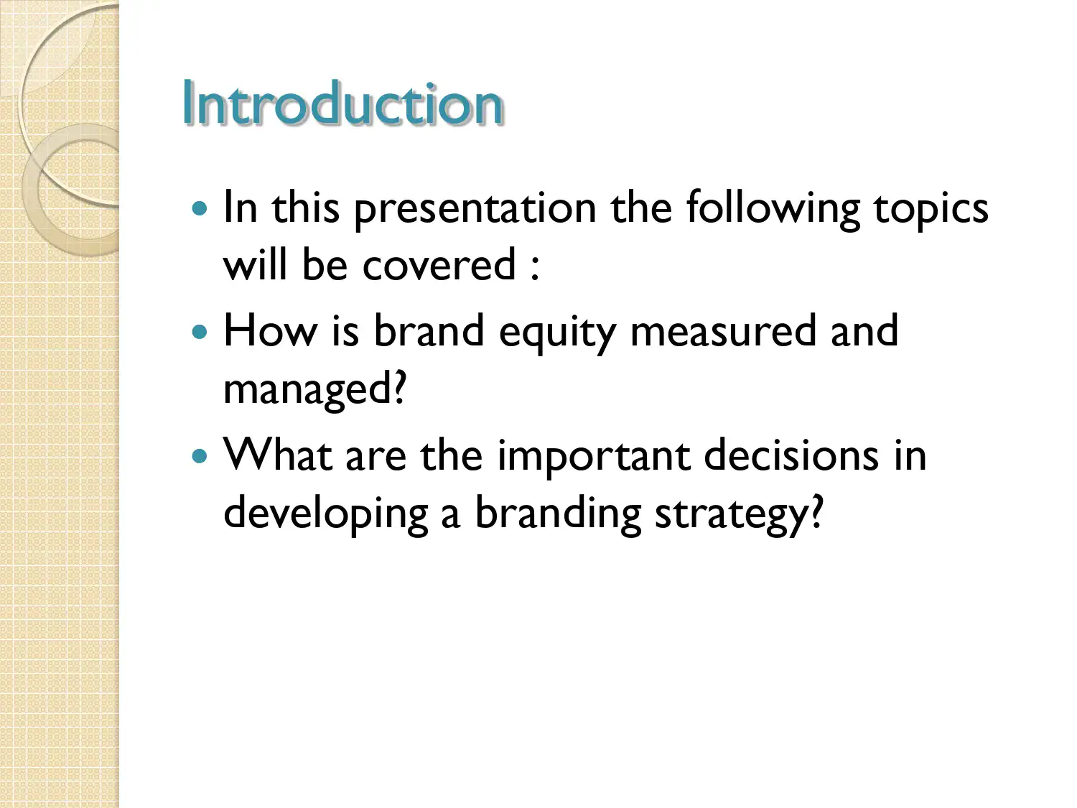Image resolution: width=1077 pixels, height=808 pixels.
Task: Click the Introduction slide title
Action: [342, 104]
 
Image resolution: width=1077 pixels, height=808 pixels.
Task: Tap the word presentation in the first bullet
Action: [475, 208]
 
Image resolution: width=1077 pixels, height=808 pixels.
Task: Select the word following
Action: [773, 208]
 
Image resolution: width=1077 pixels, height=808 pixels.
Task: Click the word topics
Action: [931, 208]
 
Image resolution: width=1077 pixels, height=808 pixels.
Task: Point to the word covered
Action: [439, 265]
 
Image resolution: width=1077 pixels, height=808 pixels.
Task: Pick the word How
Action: [269, 331]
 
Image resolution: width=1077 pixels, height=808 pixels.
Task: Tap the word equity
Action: [557, 333]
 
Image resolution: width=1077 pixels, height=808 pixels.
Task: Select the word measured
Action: [723, 331]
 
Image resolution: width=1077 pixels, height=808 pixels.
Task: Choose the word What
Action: [277, 455]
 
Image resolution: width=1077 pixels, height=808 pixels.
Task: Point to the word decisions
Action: [791, 455]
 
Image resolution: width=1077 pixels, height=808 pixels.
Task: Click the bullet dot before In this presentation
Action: [200, 209]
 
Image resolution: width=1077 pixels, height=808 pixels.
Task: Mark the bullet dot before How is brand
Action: [200, 333]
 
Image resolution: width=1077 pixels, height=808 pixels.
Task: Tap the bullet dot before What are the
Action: [200, 456]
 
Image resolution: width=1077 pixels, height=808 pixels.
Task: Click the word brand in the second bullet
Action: [429, 331]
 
